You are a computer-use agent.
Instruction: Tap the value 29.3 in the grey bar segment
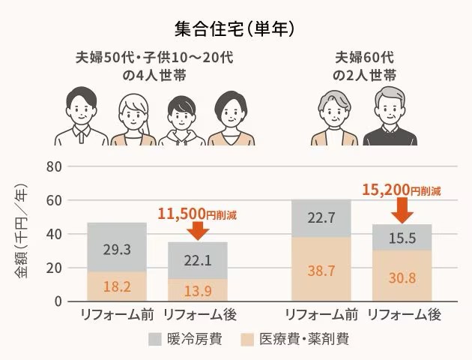click(116, 248)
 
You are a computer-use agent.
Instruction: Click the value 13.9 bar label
click(197, 289)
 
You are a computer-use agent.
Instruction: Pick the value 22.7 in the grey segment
click(321, 219)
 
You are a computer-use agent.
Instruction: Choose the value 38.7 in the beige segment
click(321, 270)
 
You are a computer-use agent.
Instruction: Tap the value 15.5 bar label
click(402, 238)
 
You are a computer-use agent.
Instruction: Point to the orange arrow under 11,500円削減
click(197, 230)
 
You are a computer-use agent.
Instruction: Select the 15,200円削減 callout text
click(401, 190)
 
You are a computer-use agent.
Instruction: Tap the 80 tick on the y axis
click(52, 166)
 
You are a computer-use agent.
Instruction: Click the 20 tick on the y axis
click(52, 268)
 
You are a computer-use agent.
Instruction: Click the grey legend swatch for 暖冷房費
click(155, 338)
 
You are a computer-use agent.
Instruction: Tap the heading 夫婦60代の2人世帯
click(365, 66)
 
